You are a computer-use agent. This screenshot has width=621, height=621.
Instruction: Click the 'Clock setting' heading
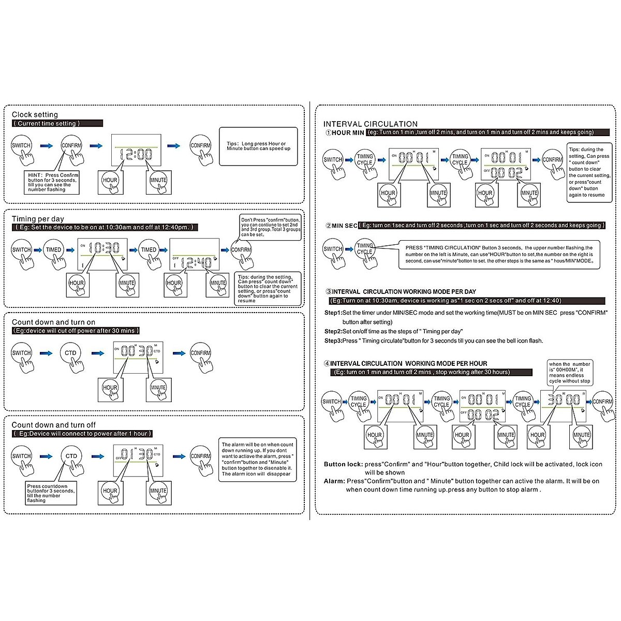click(35, 114)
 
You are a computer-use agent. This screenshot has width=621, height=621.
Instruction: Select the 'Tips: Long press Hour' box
click(258, 146)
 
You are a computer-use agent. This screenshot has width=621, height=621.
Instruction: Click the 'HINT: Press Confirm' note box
click(53, 182)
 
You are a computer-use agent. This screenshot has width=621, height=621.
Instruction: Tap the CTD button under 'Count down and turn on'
click(70, 353)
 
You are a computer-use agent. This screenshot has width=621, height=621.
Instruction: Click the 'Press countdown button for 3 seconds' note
click(51, 493)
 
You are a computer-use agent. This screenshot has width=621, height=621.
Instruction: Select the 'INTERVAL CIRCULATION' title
click(370, 124)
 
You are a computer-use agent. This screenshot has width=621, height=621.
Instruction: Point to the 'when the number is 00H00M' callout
click(569, 373)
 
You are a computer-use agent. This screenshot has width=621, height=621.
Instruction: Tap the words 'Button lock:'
click(343, 464)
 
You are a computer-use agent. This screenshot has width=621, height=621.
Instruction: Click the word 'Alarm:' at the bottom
click(334, 481)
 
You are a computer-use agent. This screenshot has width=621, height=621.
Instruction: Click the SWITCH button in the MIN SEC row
click(332, 249)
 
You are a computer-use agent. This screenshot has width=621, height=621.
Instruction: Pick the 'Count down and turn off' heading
click(54, 425)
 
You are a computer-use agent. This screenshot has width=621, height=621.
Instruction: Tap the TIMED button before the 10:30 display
click(54, 249)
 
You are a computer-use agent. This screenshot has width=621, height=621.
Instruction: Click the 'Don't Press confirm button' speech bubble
click(270, 227)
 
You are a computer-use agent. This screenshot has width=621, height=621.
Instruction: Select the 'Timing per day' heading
click(38, 219)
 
